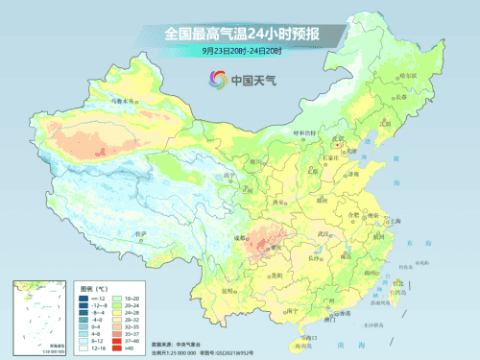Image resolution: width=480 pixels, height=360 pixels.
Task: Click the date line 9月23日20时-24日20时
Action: [241, 51]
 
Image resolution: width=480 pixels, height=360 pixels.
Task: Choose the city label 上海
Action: [395, 220]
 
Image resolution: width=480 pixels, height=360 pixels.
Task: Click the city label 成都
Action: [244, 224]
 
